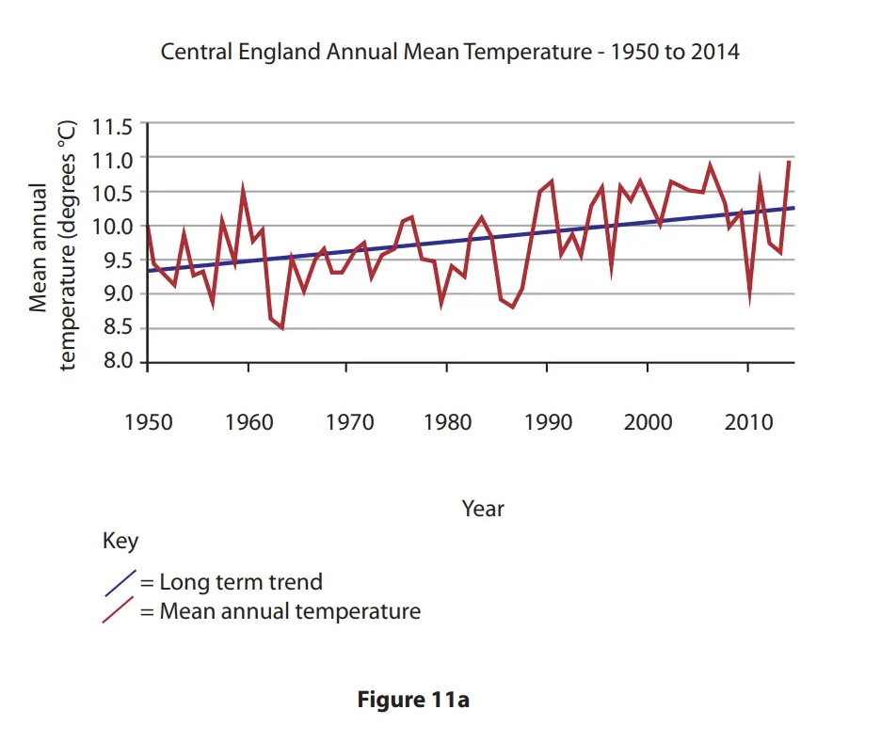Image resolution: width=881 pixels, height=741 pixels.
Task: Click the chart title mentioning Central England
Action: pos(450,52)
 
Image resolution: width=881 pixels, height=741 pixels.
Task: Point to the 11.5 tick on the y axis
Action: pos(113,124)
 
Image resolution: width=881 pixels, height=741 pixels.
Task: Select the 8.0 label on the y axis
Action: pos(113,363)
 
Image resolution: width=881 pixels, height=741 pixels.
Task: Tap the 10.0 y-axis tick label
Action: pos(113,227)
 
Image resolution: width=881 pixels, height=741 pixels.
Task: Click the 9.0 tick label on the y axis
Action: pos(113,294)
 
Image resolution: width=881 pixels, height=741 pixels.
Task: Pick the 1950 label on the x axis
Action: pos(149,421)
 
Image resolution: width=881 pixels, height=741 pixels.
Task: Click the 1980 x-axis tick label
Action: pos(448,421)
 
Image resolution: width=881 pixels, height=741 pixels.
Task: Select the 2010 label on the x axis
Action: pos(748,421)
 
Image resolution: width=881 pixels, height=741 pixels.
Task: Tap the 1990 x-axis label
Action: pos(548,421)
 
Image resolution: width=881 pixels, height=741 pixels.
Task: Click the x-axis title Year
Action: pos(483,509)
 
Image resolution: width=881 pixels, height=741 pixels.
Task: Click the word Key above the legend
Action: pos(120,542)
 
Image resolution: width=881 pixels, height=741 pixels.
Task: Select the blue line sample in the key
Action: pos(120,583)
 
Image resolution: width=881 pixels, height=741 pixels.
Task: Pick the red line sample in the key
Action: pos(120,612)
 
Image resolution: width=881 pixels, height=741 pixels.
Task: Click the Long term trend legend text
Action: pos(240,582)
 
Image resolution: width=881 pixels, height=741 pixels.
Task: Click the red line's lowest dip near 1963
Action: pos(281,327)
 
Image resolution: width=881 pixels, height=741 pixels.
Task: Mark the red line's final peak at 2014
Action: pos(789,162)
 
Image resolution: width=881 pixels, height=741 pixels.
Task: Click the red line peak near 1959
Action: pos(243,189)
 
